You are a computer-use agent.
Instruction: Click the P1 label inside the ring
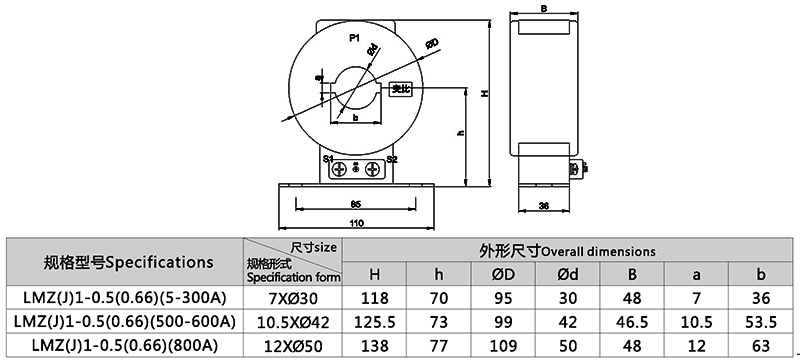click(x=354, y=38)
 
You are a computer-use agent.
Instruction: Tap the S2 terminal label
click(x=392, y=158)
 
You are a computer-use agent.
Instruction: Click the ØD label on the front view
click(x=432, y=42)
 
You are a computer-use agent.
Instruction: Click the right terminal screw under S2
click(x=374, y=169)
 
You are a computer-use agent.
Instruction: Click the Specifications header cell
click(x=129, y=262)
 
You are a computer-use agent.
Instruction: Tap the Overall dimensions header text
click(x=567, y=250)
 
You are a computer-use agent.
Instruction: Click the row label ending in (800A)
click(x=125, y=344)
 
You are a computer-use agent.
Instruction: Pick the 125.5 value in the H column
click(x=375, y=321)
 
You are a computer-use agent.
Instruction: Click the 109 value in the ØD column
click(x=492, y=344)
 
